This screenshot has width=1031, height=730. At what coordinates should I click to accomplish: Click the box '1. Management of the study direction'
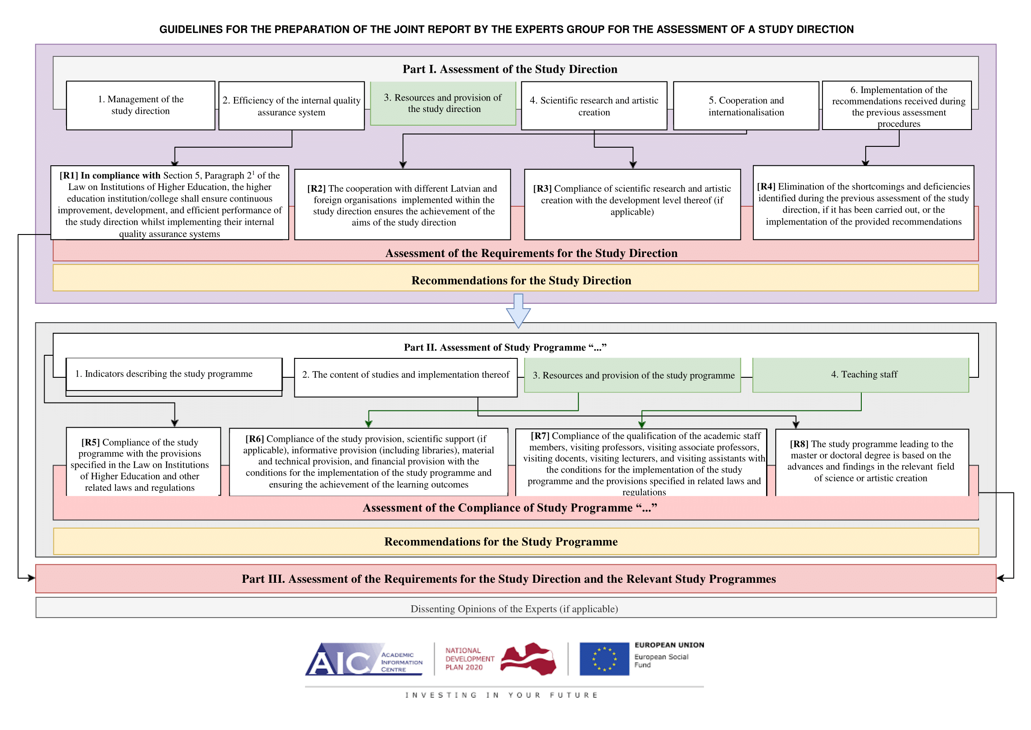coord(141,106)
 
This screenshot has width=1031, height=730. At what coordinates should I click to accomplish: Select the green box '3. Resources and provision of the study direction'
coord(443,104)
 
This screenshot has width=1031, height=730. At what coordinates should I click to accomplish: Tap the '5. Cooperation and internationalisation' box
coord(746,106)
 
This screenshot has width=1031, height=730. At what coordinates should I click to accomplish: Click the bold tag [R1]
coord(69,175)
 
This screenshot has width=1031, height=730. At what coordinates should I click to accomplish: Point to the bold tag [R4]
coord(766,186)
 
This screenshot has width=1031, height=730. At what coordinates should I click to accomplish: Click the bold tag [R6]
coord(254,439)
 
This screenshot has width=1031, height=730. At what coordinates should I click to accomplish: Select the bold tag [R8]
coord(799,444)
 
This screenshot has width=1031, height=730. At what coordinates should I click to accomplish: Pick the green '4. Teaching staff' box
coord(861,375)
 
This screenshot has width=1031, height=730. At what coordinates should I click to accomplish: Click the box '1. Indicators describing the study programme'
coord(174,374)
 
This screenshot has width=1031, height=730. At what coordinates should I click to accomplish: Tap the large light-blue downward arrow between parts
coord(518,311)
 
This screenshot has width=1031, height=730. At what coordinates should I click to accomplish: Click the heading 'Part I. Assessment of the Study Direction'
coord(510,69)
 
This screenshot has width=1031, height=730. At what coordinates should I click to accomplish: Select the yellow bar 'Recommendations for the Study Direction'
coord(516,278)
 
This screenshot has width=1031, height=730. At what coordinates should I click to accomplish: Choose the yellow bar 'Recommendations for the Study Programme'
coord(516,541)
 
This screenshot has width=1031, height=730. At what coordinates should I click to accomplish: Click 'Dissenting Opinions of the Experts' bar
coord(516,608)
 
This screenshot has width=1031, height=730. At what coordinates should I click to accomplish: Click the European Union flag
coord(604,659)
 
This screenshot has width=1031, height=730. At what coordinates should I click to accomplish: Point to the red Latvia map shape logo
coord(528,659)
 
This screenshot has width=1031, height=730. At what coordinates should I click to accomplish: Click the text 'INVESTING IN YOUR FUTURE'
coord(501,695)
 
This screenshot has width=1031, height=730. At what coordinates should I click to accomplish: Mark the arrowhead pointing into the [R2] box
coord(403,165)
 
